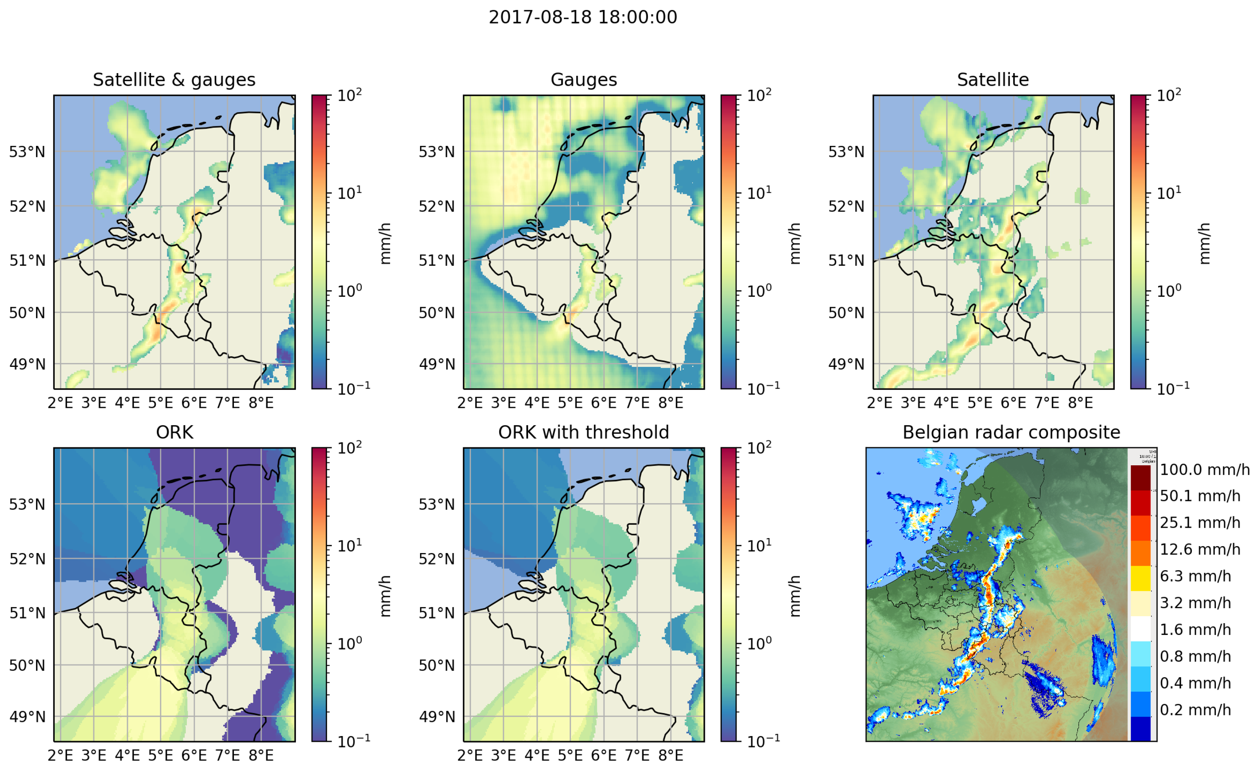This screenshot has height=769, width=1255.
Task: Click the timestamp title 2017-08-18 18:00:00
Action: coord(583,17)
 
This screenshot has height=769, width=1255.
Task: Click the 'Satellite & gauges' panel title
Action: coord(174,80)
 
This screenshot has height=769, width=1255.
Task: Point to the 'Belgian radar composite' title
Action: coord(1011,433)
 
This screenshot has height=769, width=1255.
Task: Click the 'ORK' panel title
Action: coord(174,433)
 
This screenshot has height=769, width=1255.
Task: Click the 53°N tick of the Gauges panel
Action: coord(436,152)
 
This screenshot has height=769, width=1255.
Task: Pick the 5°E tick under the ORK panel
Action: coord(160,755)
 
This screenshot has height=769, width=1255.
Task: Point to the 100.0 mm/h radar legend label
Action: coord(1204,470)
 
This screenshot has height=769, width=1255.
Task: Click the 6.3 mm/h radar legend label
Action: coord(1195,576)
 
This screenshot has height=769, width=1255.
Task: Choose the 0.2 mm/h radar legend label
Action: coord(1195,710)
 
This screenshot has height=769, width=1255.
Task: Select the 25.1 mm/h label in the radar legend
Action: coord(1199,523)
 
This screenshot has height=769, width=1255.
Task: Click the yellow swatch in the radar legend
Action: coord(1141,578)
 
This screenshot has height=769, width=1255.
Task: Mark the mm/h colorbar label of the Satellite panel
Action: coord(1204,243)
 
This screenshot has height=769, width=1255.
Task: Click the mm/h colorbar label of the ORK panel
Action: coord(386,596)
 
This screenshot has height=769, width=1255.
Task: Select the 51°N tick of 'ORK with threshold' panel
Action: coord(436,613)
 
